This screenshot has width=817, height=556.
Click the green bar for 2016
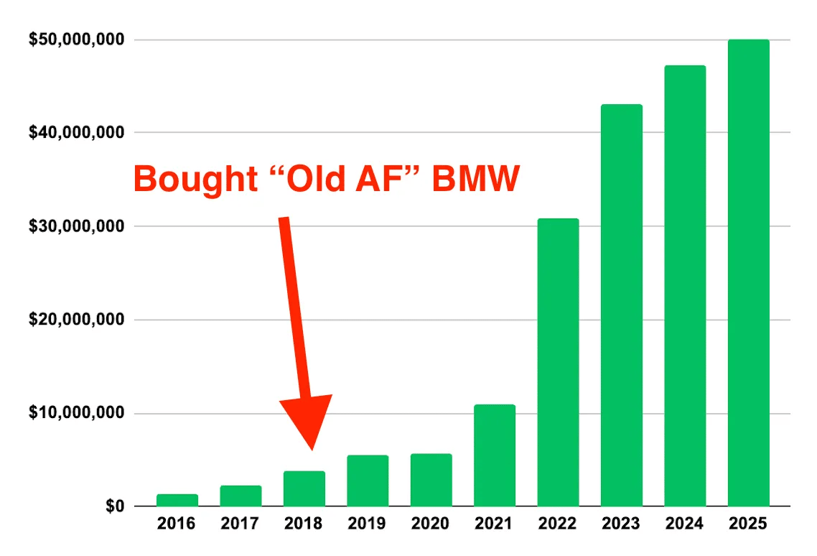pyautogui.click(x=177, y=500)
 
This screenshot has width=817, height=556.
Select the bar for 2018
pyautogui.click(x=304, y=488)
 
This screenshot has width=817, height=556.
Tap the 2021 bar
pyautogui.click(x=495, y=455)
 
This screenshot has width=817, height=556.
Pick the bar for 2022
pyautogui.click(x=558, y=363)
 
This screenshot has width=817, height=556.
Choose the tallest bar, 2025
pyautogui.click(x=748, y=273)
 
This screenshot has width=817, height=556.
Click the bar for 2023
pyautogui.click(x=622, y=305)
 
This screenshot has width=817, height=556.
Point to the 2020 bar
pyautogui.click(x=431, y=480)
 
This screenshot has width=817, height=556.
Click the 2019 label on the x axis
pyautogui.click(x=368, y=524)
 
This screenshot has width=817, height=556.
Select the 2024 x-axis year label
pyautogui.click(x=685, y=524)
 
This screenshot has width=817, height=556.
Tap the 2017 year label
pyautogui.click(x=241, y=524)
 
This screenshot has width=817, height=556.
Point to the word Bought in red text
pyautogui.click(x=195, y=179)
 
